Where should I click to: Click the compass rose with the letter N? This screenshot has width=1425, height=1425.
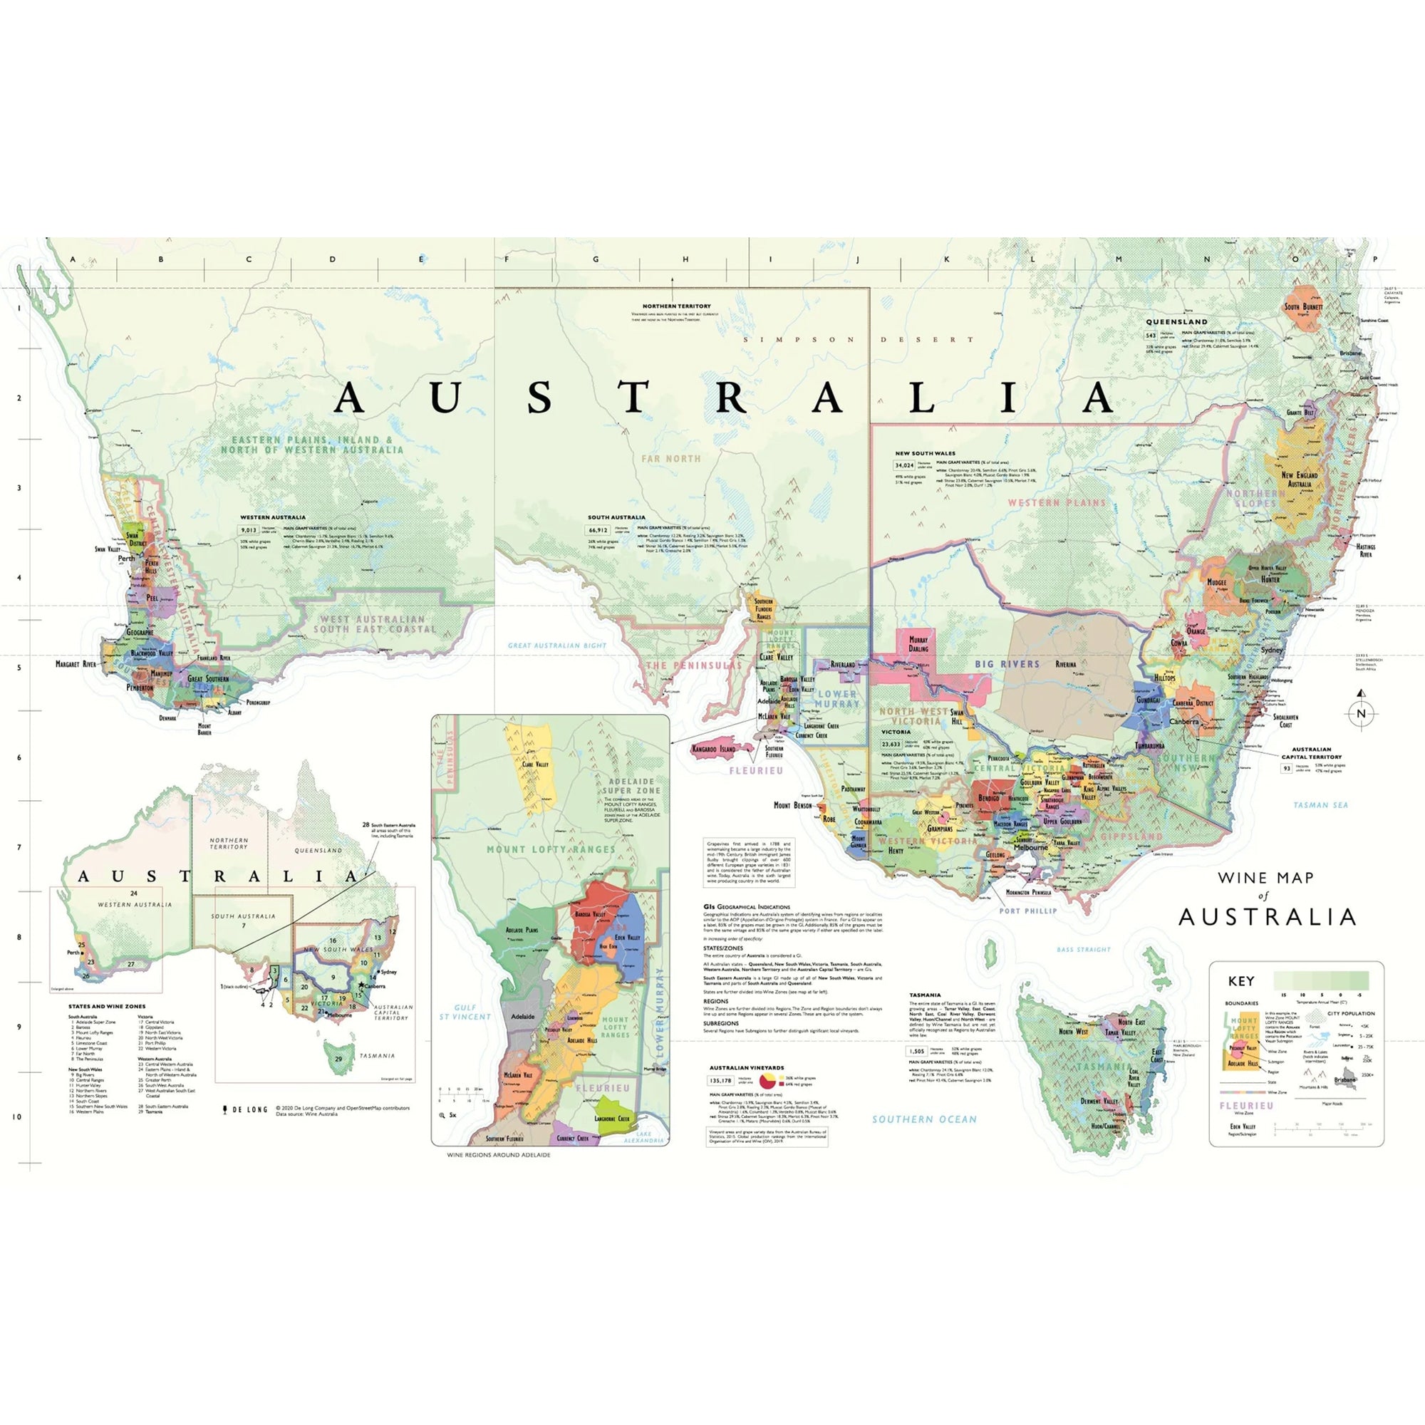coord(1361,712)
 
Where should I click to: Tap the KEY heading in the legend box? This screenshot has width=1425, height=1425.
coord(1240,981)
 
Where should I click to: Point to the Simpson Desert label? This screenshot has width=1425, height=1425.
coord(859,339)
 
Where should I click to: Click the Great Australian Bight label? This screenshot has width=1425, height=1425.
coord(557,646)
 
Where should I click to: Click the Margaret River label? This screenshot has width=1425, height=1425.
coord(76,664)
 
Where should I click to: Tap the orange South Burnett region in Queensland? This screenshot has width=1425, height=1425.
coord(1303,309)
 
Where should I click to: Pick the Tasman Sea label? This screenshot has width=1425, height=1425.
coord(1320,804)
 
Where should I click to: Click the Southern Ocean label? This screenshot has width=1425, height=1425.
coord(924,1119)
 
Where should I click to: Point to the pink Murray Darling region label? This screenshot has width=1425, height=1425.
coord(918,644)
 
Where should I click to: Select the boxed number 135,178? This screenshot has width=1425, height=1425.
coord(720,1081)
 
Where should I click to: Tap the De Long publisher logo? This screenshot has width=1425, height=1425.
coord(245,1109)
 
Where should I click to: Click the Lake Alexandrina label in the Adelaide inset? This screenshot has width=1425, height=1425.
coord(644,1136)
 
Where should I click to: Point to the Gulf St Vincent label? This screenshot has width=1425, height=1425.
coord(465,1012)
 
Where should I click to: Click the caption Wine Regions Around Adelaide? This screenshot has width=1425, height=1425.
coord(498,1155)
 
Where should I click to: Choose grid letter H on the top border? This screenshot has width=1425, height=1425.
coord(685,259)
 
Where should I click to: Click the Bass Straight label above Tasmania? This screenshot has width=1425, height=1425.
coord(1083,949)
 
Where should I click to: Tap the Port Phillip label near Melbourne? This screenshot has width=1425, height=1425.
coord(1027,911)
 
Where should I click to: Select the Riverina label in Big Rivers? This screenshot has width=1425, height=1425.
coord(1065,664)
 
